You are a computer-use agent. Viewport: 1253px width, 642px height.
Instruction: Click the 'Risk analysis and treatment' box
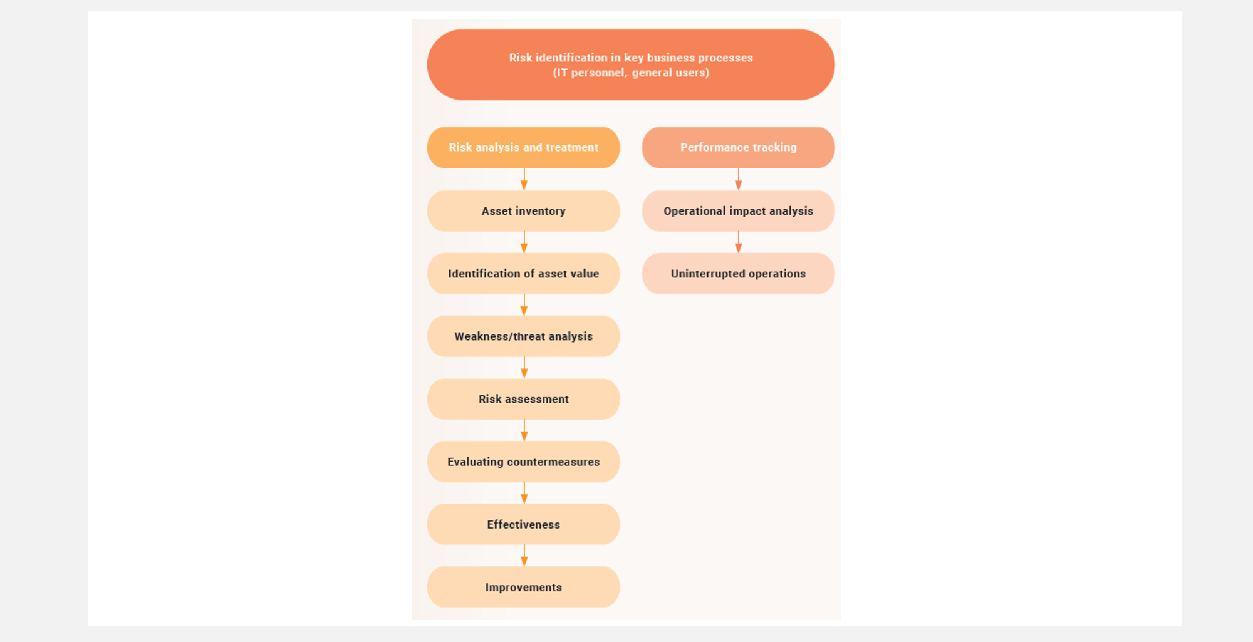(523, 147)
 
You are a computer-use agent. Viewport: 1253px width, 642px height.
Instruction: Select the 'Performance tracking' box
(738, 147)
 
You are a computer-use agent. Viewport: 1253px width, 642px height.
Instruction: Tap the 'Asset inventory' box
(523, 211)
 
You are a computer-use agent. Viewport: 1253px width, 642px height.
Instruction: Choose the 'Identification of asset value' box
(523, 274)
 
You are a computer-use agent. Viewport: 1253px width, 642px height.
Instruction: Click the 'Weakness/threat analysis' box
(523, 336)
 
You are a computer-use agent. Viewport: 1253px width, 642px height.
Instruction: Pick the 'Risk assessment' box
(523, 399)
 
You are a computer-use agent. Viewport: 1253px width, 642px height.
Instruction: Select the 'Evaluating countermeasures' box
(523, 462)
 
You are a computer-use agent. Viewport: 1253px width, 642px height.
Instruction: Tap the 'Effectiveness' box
(523, 524)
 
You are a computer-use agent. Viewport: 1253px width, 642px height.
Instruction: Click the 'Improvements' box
(523, 587)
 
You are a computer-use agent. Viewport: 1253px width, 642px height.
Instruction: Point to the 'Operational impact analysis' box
(738, 211)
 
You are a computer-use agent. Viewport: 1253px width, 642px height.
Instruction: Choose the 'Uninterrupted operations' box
(738, 274)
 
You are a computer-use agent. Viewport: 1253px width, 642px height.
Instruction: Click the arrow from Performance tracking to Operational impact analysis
(738, 179)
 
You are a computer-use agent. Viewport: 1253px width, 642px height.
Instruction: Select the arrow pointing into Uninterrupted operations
(738, 242)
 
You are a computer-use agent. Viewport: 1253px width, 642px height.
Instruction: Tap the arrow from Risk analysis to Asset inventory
(524, 179)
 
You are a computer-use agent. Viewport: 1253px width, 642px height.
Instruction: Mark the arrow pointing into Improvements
(524, 556)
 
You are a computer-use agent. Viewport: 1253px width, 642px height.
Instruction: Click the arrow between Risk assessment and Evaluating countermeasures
(524, 430)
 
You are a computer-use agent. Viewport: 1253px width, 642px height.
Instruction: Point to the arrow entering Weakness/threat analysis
(524, 305)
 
